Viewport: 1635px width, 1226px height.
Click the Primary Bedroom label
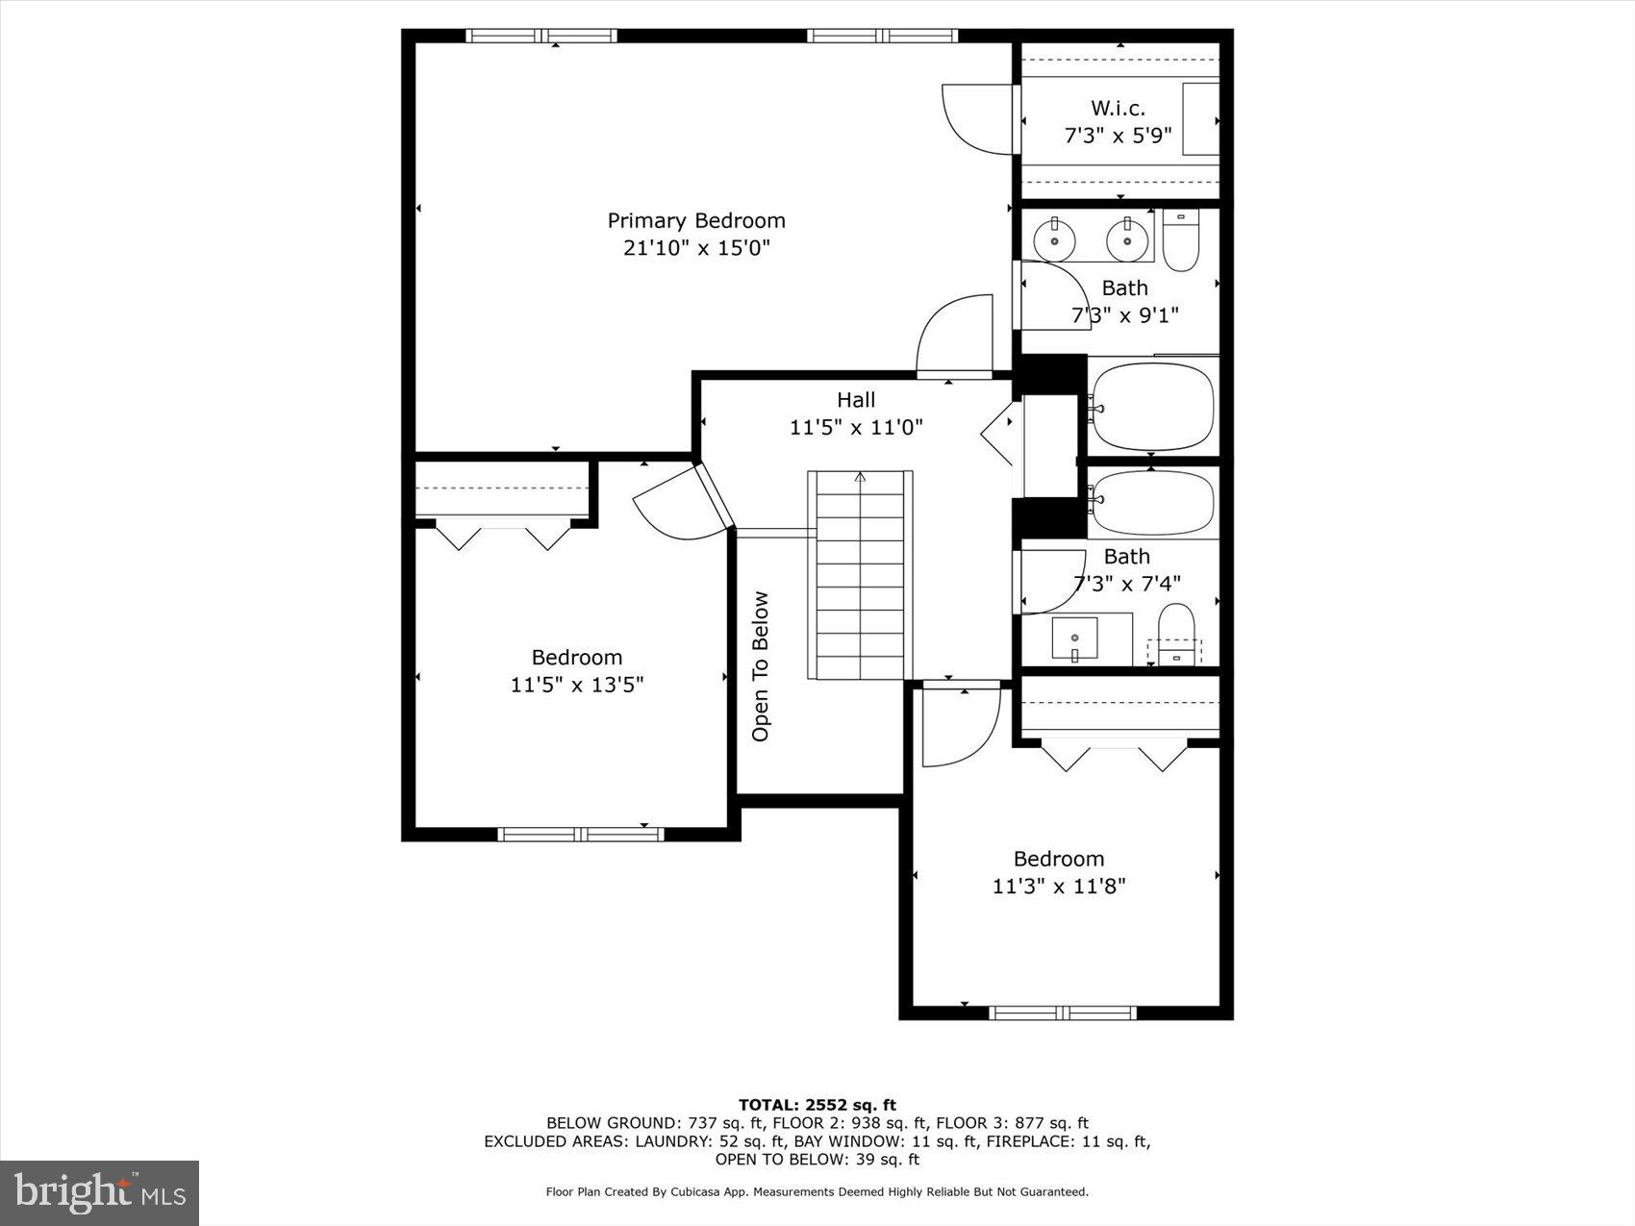pyautogui.click(x=696, y=220)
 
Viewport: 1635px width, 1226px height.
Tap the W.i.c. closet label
pyautogui.click(x=1118, y=108)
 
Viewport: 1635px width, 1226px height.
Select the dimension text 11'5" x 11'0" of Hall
pyautogui.click(x=856, y=427)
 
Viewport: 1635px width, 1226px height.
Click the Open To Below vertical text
pyautogui.click(x=761, y=666)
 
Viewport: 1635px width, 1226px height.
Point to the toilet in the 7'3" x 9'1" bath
pyautogui.click(x=1180, y=240)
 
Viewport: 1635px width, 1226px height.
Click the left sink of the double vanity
pyautogui.click(x=1055, y=238)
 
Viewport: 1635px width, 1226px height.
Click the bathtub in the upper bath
pyautogui.click(x=1153, y=406)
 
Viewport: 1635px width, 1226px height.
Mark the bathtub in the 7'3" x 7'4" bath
pyautogui.click(x=1153, y=503)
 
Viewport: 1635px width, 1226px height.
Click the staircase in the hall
pyautogui.click(x=861, y=575)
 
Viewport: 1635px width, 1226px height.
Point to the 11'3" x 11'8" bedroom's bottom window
pyautogui.click(x=1062, y=1013)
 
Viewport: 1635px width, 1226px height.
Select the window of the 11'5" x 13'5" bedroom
pyautogui.click(x=580, y=834)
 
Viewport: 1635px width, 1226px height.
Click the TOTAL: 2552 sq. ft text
pyautogui.click(x=817, y=1105)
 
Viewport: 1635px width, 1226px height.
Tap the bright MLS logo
pyautogui.click(x=100, y=1193)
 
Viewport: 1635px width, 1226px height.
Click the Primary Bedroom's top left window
pyautogui.click(x=541, y=37)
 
